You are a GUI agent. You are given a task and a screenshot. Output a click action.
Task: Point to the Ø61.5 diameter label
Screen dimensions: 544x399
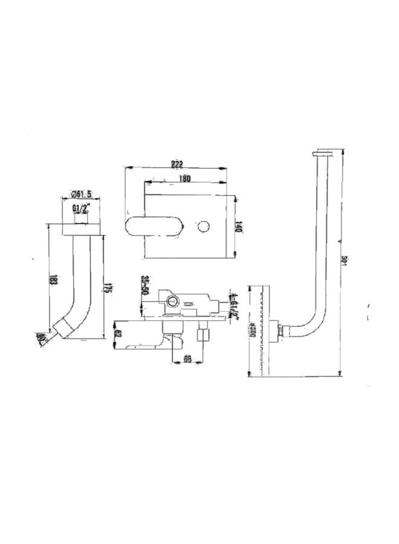point(81,194)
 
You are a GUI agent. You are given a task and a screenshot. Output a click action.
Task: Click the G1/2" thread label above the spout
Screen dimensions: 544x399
point(80,208)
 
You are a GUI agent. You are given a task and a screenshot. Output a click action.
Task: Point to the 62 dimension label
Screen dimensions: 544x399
point(118,333)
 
